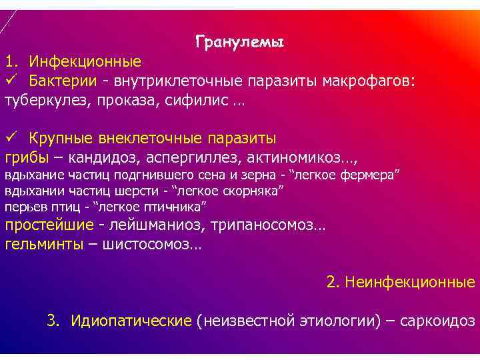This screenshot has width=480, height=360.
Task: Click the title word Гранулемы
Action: [240, 43]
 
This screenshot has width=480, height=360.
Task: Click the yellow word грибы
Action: [26, 157]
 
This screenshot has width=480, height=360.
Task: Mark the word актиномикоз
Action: [299, 157]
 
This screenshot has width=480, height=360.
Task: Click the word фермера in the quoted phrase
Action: [370, 175]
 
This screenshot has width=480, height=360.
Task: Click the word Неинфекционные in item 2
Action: [409, 282]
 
